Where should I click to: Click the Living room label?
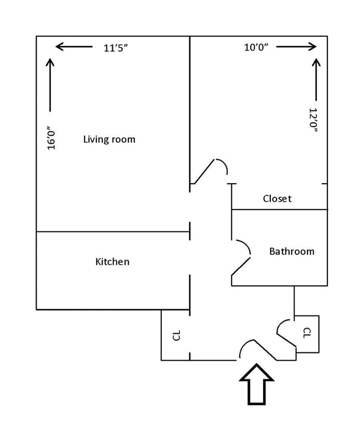pos(109,139)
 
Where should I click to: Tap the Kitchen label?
pos(112,262)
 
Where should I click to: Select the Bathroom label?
pos(292,251)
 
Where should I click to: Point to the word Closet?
pos(277,198)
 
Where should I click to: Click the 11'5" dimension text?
pos(116,48)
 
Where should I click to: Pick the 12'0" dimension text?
pos(313,121)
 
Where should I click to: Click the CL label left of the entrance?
pos(176,335)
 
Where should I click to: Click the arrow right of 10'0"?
pos(296,47)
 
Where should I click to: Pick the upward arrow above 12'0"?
pos(314,78)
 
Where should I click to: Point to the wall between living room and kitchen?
pos(112,232)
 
